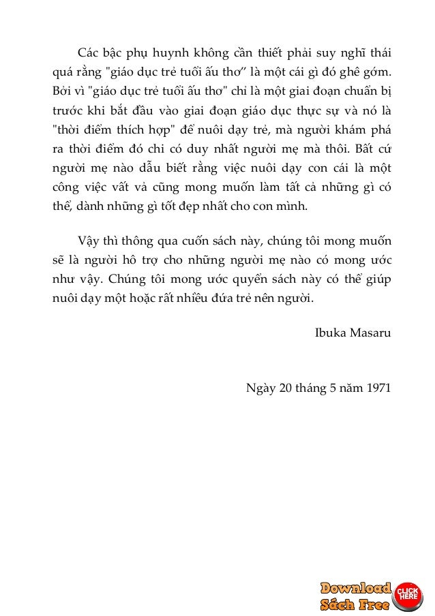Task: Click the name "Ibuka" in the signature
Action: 329,333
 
